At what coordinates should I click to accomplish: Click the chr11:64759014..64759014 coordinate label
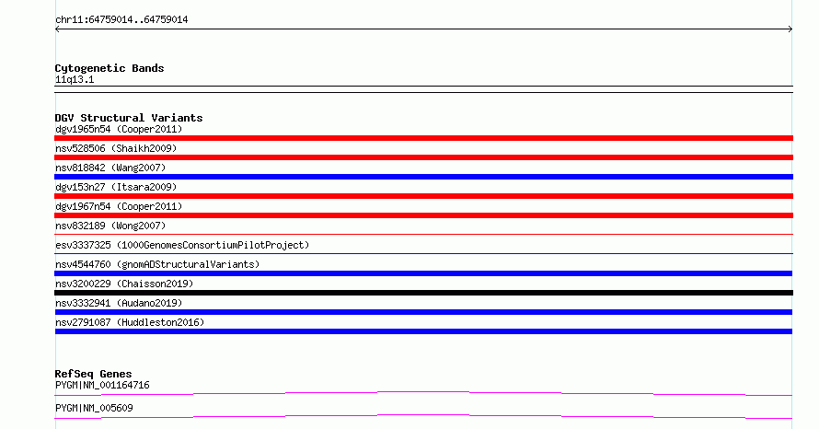point(121,20)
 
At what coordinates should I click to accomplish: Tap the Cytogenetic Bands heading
point(110,68)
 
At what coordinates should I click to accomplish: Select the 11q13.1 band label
point(75,80)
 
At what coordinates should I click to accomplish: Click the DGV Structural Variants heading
point(129,118)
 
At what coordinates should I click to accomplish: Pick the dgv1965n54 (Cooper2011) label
point(119,130)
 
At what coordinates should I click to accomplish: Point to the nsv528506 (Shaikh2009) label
point(116,149)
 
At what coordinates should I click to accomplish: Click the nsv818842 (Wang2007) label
point(110,168)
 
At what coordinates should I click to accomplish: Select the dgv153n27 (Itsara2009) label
point(116,188)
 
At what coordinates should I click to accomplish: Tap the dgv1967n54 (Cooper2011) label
point(119,207)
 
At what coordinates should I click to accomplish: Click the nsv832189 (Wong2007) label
point(110,226)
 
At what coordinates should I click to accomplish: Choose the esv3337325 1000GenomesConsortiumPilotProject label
point(182,246)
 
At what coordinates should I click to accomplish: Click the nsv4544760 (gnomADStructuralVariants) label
point(157,265)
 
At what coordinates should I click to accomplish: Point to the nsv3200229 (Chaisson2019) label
point(124,284)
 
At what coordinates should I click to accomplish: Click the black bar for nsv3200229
point(423,293)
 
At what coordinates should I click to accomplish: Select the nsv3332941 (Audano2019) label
point(119,304)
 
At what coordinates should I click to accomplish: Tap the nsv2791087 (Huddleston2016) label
point(130,323)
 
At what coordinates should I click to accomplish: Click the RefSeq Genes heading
point(94,374)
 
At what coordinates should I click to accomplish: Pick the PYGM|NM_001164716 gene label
point(102,386)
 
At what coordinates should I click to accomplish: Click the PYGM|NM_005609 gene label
point(94,408)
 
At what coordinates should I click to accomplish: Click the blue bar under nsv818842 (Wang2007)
point(423,177)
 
